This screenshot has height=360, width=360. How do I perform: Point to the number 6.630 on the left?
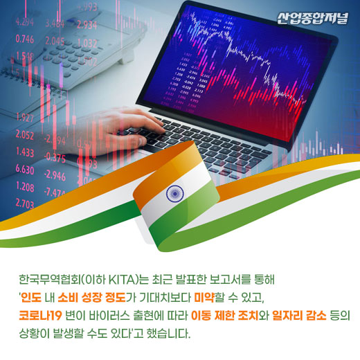click(x=24, y=170)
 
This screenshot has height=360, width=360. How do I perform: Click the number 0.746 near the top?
click(x=24, y=39)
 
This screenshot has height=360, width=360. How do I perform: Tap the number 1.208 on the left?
click(x=24, y=187)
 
